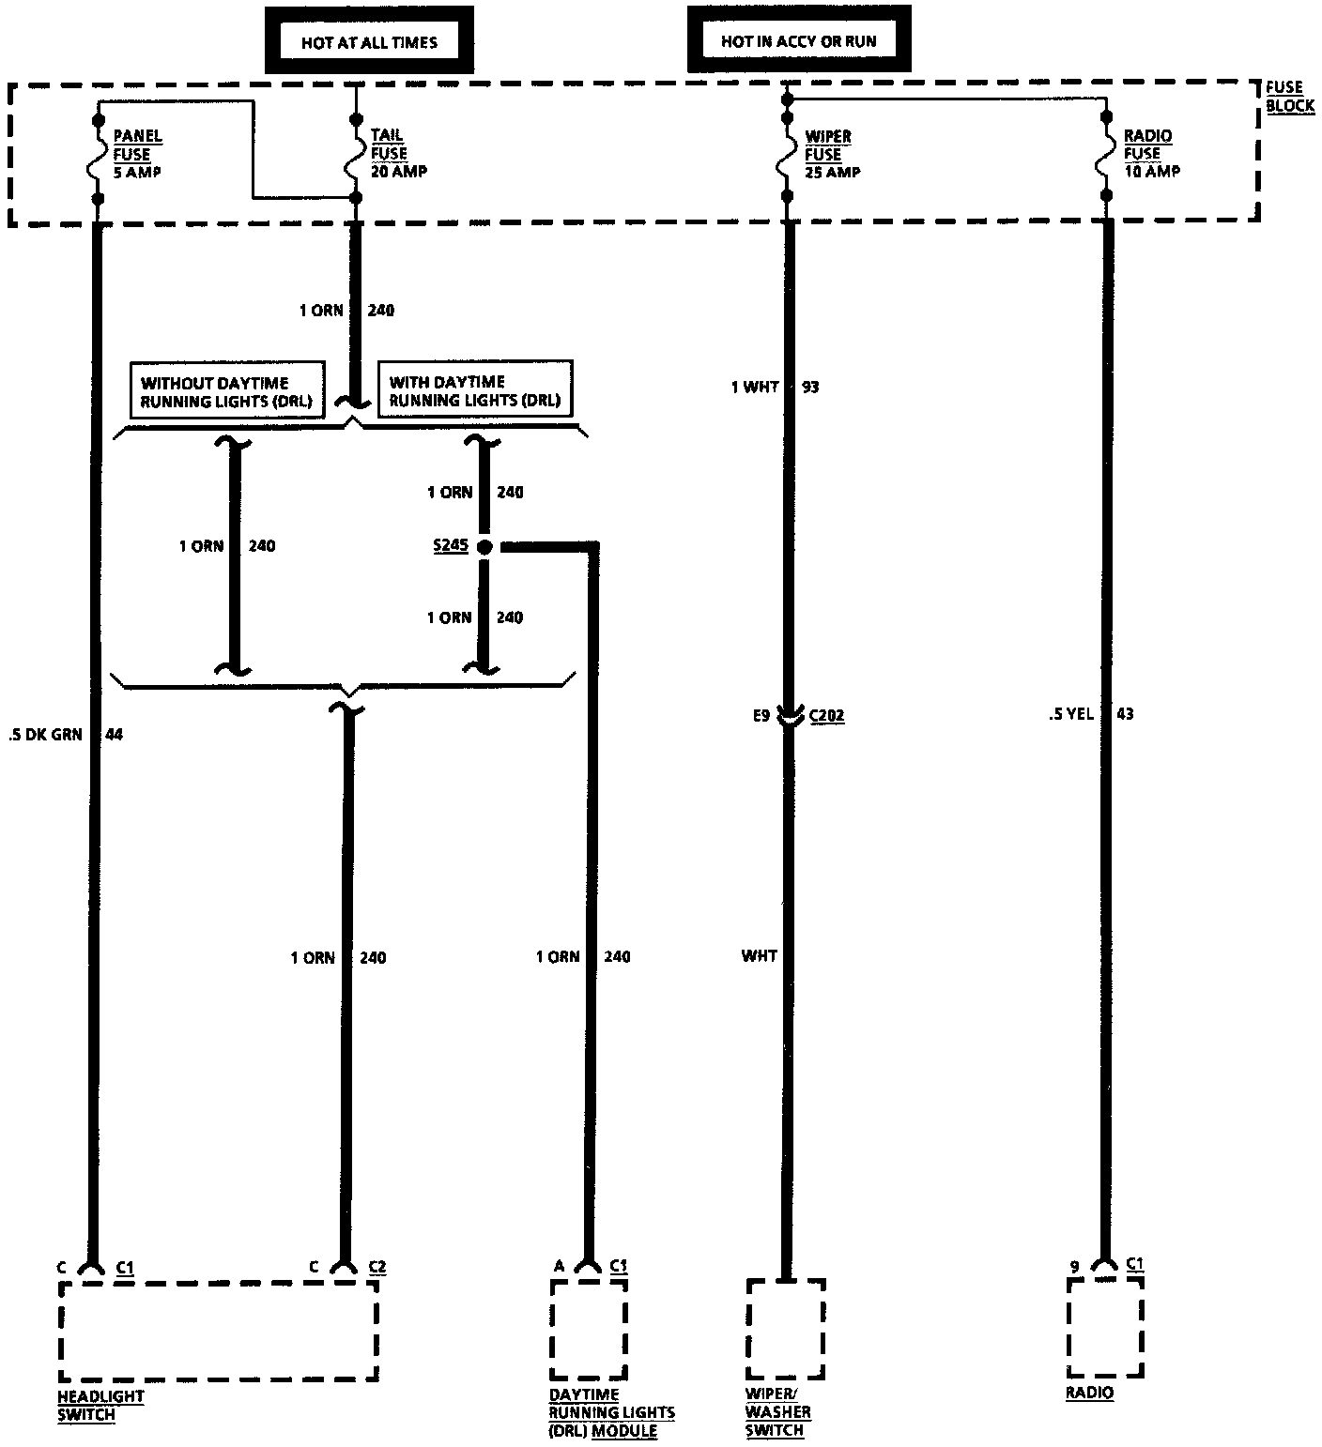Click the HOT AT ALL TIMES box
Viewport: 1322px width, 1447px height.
click(368, 42)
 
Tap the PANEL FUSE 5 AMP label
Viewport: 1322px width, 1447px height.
click(137, 154)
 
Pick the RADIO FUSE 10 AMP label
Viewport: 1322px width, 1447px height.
click(1151, 154)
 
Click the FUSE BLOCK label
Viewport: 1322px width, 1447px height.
click(1289, 97)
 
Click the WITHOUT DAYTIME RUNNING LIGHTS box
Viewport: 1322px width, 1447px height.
click(225, 391)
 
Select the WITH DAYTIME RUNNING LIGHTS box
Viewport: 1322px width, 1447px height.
click(474, 390)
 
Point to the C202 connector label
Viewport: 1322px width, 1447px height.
click(826, 716)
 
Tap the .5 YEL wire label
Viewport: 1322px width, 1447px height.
click(1070, 714)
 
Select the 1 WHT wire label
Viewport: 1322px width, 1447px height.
click(755, 387)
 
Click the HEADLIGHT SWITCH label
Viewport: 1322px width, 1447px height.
click(100, 1405)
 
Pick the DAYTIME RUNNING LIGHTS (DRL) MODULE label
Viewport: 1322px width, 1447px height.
click(611, 1412)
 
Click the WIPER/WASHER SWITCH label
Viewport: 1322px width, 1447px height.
click(778, 1412)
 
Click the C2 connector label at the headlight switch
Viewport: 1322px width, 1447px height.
click(377, 1267)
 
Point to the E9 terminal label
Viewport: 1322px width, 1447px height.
click(761, 716)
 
